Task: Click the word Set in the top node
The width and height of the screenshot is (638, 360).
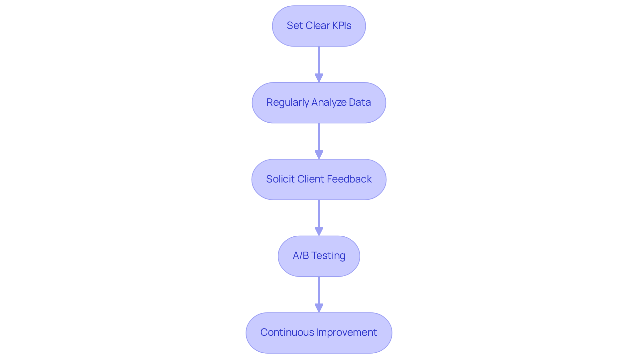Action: tap(294, 26)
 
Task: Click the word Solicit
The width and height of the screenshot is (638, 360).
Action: tap(280, 179)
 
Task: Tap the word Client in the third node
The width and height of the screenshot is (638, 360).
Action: tap(310, 179)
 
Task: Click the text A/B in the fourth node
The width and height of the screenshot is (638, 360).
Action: tap(301, 256)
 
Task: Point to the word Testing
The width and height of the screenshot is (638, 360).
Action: tap(328, 256)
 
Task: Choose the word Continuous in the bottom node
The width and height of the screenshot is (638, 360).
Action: tap(287, 332)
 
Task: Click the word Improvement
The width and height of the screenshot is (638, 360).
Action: tap(347, 332)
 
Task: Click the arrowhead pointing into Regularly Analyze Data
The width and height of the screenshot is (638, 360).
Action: tap(319, 78)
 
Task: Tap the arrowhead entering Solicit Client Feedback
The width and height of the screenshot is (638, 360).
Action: tap(319, 155)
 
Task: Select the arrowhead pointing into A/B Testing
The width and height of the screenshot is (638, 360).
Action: tap(319, 232)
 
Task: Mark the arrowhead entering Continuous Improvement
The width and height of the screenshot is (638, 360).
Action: tap(319, 308)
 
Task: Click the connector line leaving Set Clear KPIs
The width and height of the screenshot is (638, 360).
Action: tap(319, 60)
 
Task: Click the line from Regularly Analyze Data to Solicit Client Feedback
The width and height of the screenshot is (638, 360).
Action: tap(319, 137)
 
